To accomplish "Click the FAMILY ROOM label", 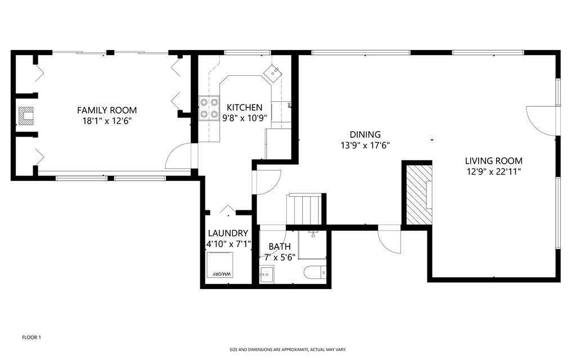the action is pyautogui.click(x=107, y=110).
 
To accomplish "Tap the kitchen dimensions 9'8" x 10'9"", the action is pyautogui.click(x=245, y=118).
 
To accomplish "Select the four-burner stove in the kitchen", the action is pyautogui.click(x=209, y=108).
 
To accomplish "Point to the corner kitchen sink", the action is pyautogui.click(x=273, y=73).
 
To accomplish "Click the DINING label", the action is pyautogui.click(x=365, y=134).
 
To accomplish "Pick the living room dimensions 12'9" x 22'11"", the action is pyautogui.click(x=494, y=172).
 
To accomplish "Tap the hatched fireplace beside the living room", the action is pyautogui.click(x=419, y=194).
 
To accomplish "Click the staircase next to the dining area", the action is pyautogui.click(x=304, y=209).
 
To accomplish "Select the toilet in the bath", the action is pyautogui.click(x=315, y=273).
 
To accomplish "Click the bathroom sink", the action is pyautogui.click(x=266, y=274).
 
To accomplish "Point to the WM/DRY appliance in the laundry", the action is pyautogui.click(x=220, y=265).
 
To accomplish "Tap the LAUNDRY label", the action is pyautogui.click(x=228, y=233).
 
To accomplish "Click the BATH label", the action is pyautogui.click(x=280, y=246).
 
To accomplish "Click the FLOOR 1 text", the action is pyautogui.click(x=31, y=337).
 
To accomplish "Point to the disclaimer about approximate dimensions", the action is pyautogui.click(x=288, y=350).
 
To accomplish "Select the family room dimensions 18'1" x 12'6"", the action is pyautogui.click(x=107, y=121).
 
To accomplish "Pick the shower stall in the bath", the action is pyautogui.click(x=312, y=245).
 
